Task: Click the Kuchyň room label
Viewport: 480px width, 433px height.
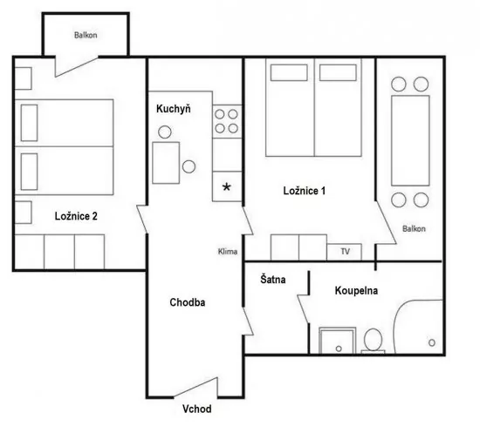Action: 173,109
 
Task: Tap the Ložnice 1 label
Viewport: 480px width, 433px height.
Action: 305,191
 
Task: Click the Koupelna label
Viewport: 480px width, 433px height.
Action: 356,290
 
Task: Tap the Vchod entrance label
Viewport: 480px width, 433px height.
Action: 195,409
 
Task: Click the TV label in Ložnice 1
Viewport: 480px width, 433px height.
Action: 345,251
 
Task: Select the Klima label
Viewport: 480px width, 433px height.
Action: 228,252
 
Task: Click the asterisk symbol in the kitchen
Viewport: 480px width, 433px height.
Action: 228,186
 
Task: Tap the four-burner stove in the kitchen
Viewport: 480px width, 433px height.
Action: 228,120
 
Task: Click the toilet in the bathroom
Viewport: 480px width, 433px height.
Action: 373,340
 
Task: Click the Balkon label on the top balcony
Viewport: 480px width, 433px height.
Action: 86,36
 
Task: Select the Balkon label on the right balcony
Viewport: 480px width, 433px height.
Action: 414,228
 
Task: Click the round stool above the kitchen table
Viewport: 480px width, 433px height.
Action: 163,132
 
